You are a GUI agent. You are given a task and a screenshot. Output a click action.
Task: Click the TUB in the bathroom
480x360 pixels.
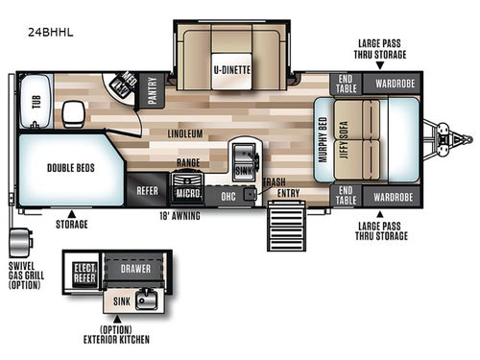37,103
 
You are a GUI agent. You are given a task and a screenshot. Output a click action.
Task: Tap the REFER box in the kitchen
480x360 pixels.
147,190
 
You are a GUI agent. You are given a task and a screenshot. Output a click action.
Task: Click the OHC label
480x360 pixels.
228,196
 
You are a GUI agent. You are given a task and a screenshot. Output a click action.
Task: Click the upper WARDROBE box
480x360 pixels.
394,84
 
